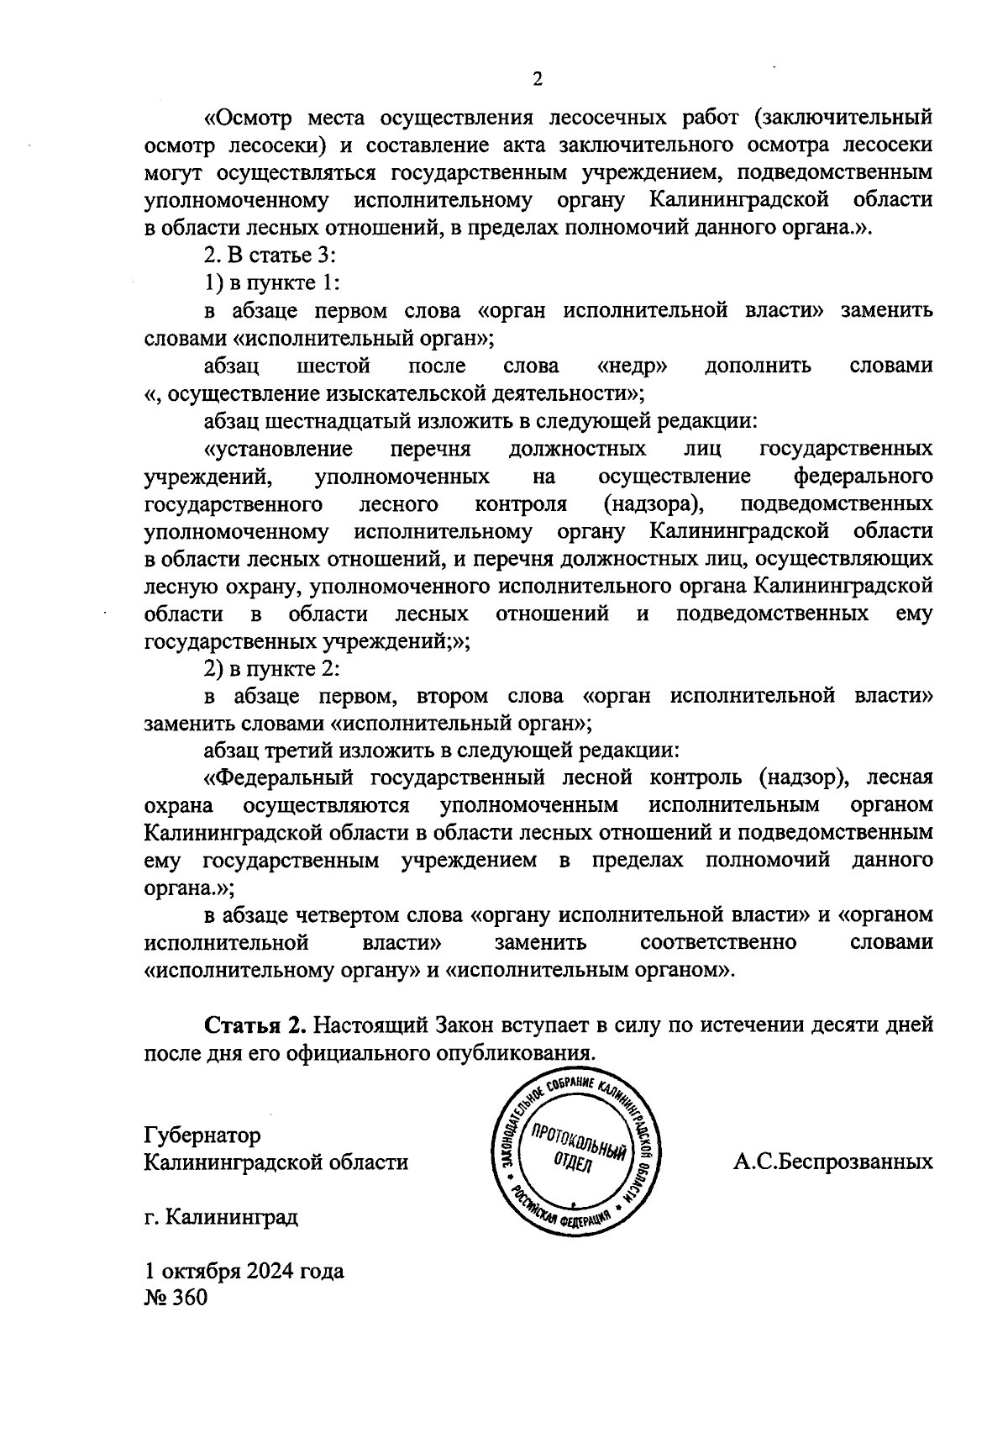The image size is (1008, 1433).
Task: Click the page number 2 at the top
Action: (x=538, y=79)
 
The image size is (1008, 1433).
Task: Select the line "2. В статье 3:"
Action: (x=270, y=256)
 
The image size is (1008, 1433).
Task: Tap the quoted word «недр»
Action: (x=632, y=366)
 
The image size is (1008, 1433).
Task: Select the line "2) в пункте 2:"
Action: (x=271, y=668)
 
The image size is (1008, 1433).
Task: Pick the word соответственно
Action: (x=717, y=942)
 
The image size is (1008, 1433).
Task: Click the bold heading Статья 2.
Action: (x=252, y=1025)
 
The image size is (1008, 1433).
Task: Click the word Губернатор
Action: (x=202, y=1135)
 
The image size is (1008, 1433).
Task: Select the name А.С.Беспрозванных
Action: (x=832, y=1162)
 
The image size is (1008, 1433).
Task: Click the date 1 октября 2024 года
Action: (x=244, y=1271)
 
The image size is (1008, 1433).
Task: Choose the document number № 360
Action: (x=176, y=1298)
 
